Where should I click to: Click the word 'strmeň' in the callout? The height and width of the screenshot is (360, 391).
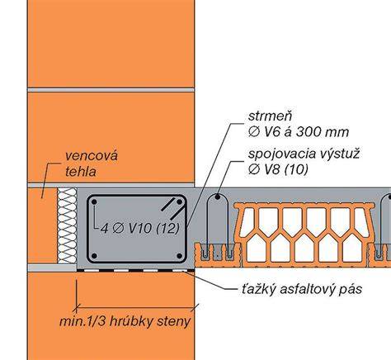click(270, 116)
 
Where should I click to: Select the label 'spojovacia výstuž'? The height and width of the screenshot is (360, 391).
click(304, 154)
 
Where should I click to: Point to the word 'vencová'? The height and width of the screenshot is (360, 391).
click(92, 156)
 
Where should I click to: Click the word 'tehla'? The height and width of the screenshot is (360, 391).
click(81, 172)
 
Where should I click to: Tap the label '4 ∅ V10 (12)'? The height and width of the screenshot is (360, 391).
click(140, 229)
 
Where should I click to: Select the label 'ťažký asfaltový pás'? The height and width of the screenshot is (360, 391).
click(302, 289)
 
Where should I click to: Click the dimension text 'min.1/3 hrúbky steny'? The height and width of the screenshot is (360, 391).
click(125, 321)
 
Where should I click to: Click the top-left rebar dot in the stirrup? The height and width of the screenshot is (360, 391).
click(94, 202)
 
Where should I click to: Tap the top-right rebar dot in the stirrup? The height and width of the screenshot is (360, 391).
click(180, 202)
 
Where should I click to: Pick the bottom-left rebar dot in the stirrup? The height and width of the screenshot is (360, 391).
click(94, 256)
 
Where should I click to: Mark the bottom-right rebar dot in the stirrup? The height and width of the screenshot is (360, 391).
click(180, 256)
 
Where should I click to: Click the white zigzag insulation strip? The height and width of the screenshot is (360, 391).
click(67, 225)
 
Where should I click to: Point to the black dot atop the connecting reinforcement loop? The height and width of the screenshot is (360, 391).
click(218, 197)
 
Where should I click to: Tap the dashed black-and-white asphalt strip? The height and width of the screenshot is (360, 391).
click(135, 270)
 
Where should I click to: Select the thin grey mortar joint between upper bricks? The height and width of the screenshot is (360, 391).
click(111, 90)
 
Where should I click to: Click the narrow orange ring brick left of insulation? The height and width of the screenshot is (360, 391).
click(43, 225)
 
